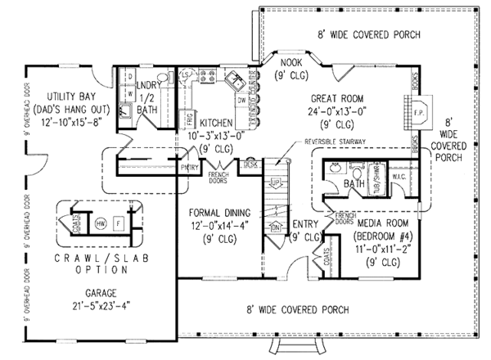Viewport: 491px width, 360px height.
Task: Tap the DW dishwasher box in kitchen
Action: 242,100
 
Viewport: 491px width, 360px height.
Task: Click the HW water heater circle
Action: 100,223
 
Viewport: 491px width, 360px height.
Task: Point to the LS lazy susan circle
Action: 184,76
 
